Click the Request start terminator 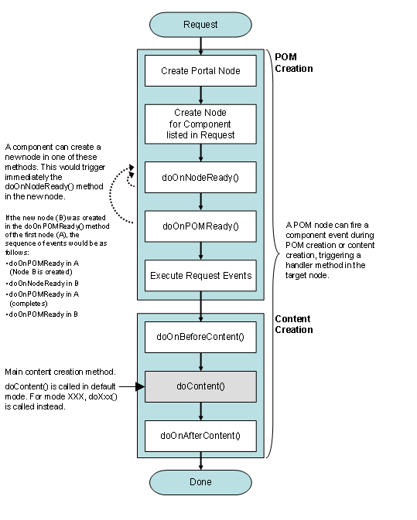200,25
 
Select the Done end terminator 200,482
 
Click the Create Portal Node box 200,71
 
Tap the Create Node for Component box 200,124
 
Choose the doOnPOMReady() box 200,226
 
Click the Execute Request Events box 200,276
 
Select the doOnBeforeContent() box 200,337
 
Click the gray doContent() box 200,386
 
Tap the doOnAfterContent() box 200,436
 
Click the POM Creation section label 293,62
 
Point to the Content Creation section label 294,324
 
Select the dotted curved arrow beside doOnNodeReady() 120,201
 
